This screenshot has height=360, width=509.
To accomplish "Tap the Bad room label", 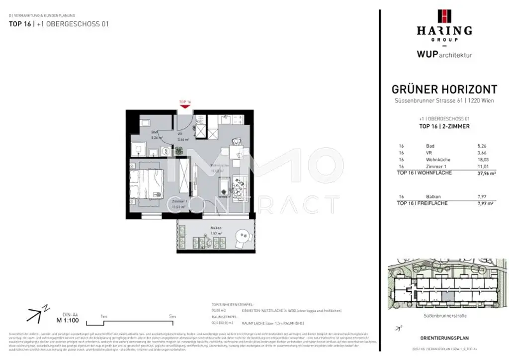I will [x=155, y=132].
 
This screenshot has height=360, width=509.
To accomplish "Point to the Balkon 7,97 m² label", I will [x=215, y=230].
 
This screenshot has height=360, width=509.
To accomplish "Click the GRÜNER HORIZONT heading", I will [x=444, y=90].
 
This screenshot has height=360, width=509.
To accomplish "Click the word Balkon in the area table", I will [x=433, y=196].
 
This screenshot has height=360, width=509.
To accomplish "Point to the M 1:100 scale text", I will [x=67, y=321].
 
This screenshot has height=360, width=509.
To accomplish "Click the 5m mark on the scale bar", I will [x=172, y=316].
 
